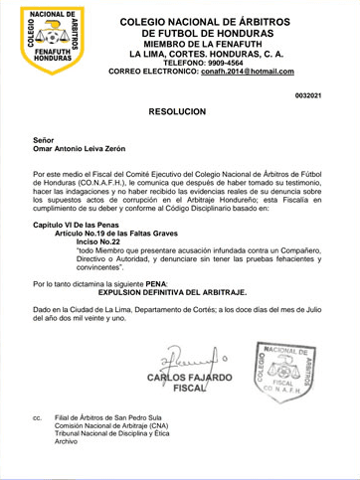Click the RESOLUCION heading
[x=177, y=112]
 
